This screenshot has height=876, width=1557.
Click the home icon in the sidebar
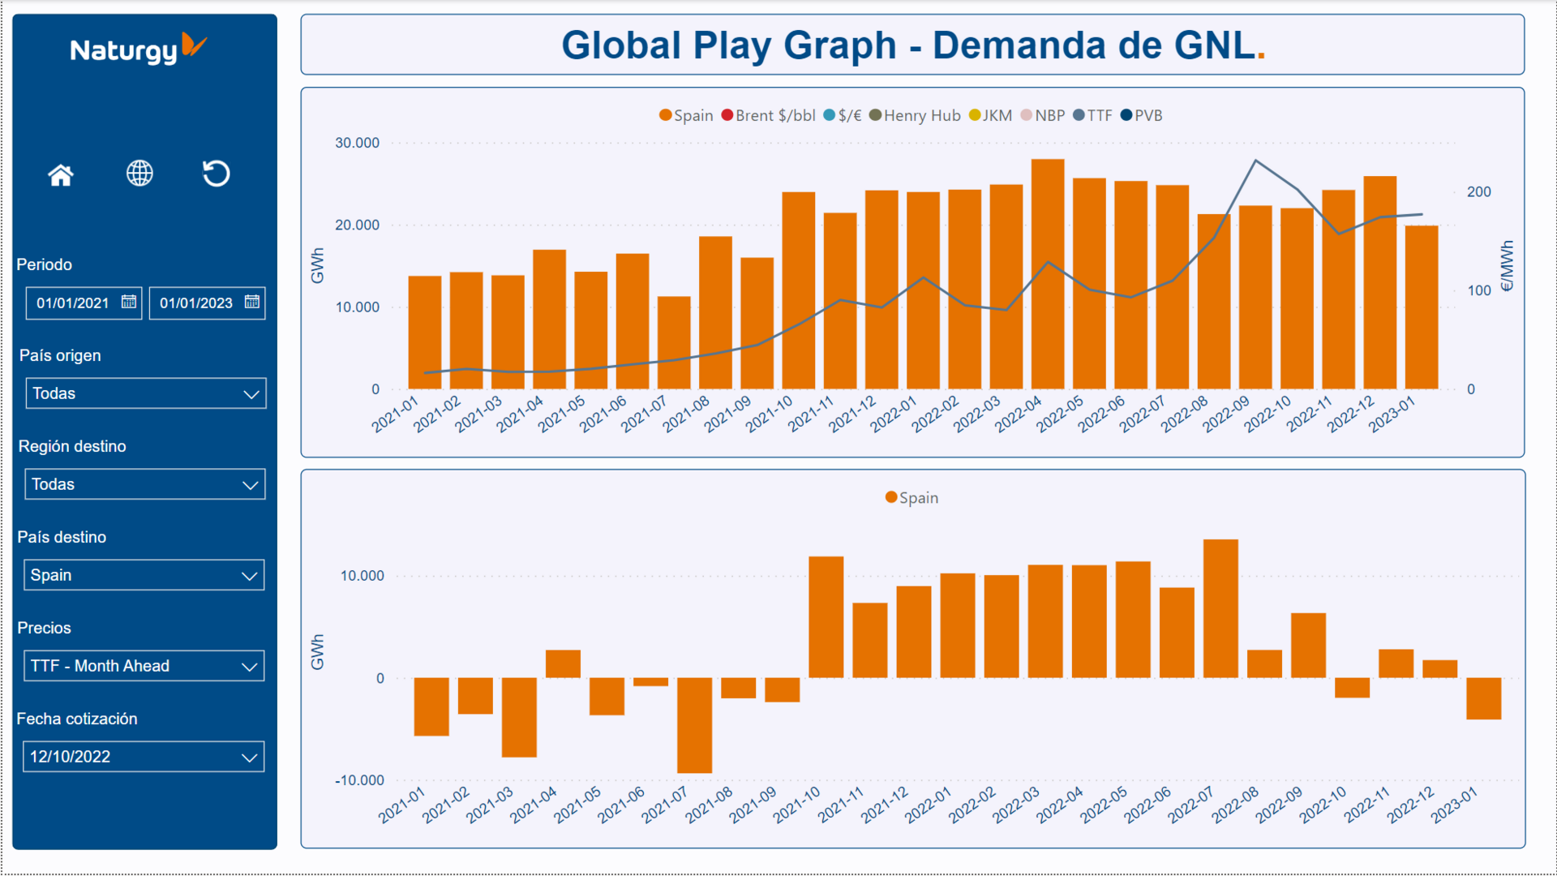pyautogui.click(x=61, y=174)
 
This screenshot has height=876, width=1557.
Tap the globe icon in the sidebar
pyautogui.click(x=139, y=173)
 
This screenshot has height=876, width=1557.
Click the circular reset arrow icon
pyautogui.click(x=216, y=173)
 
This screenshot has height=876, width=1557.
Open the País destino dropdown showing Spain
pyautogui.click(x=144, y=575)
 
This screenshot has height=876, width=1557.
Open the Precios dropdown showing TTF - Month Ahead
pyautogui.click(x=144, y=666)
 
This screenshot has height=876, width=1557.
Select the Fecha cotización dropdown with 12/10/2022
pyautogui.click(x=144, y=757)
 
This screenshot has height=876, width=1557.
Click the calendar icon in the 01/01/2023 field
pyautogui.click(x=252, y=302)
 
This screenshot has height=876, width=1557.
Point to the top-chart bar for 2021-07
pyautogui.click(x=674, y=342)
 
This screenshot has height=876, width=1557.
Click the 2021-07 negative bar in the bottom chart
pyautogui.click(x=694, y=725)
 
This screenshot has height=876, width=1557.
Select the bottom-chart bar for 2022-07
pyautogui.click(x=1220, y=608)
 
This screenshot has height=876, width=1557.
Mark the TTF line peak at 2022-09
pyautogui.click(x=1255, y=161)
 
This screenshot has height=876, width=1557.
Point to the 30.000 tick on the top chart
pyautogui.click(x=357, y=143)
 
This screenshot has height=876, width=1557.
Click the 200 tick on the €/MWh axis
pyautogui.click(x=1478, y=192)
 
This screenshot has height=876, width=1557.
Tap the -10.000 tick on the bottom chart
pyautogui.click(x=359, y=780)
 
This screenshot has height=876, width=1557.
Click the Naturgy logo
pyautogui.click(x=138, y=49)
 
